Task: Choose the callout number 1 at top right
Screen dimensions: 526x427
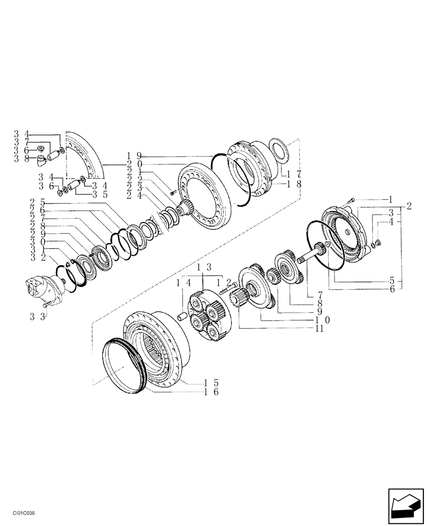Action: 391,200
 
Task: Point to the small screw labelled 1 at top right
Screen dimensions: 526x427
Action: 352,199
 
